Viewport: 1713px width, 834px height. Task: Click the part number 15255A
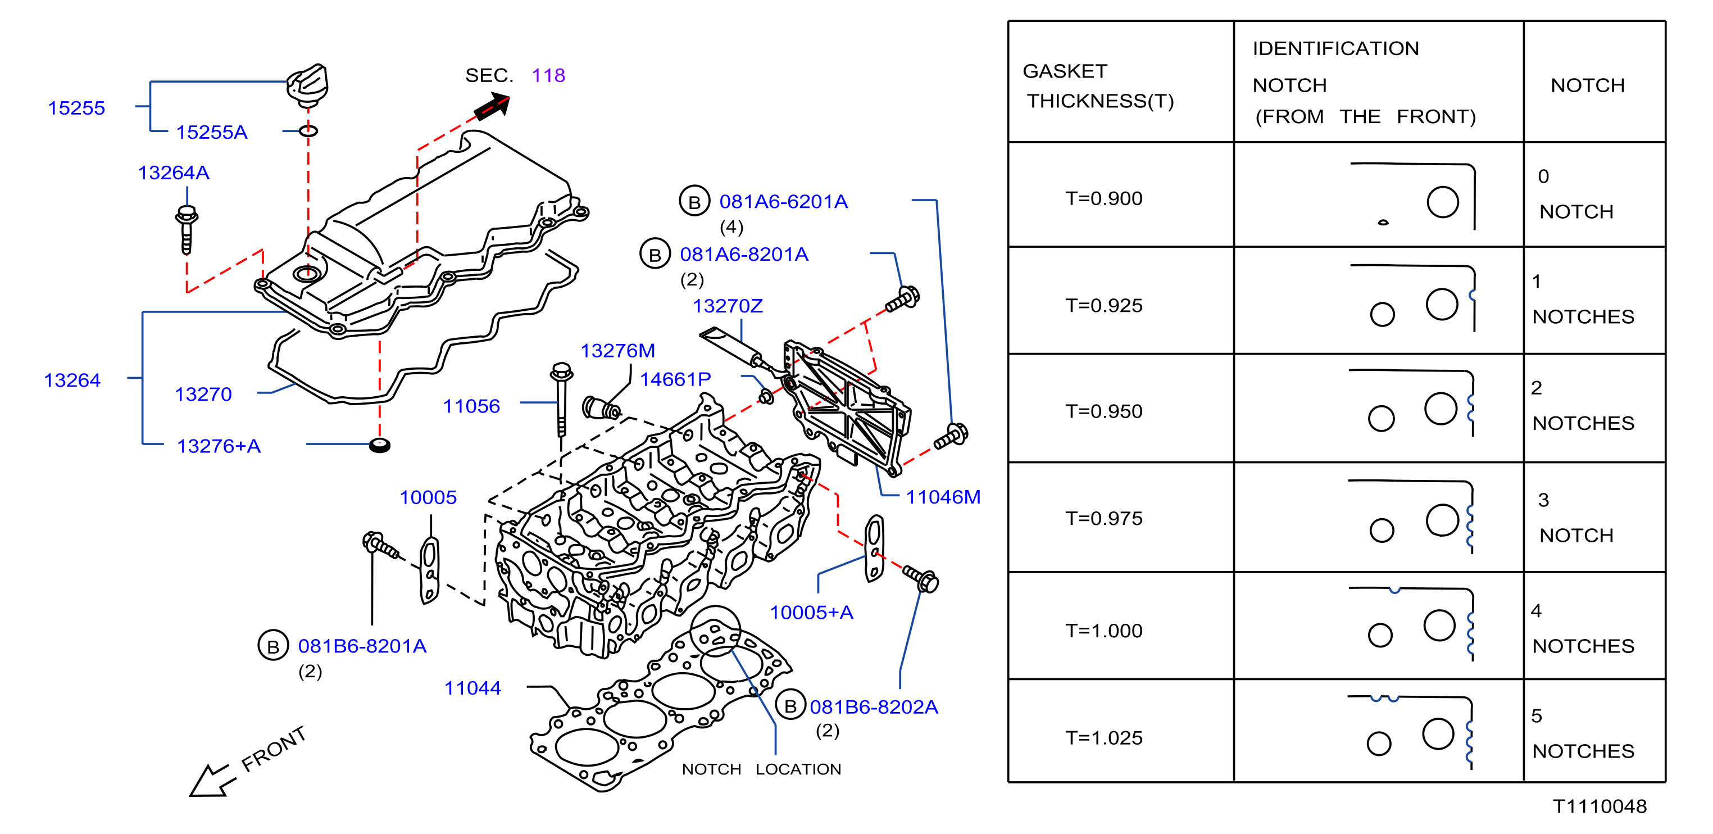point(211,132)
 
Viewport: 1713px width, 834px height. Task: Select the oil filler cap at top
point(307,85)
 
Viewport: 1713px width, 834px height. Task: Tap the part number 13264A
point(174,173)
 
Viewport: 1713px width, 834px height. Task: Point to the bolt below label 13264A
point(187,230)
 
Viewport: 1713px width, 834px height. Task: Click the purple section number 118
point(548,75)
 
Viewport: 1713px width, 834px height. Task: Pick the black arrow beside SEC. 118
point(492,106)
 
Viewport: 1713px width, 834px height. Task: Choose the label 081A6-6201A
point(783,202)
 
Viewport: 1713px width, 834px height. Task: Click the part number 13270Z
point(728,306)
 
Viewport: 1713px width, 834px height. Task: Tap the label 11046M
point(943,497)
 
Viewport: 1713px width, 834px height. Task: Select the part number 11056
point(471,406)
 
